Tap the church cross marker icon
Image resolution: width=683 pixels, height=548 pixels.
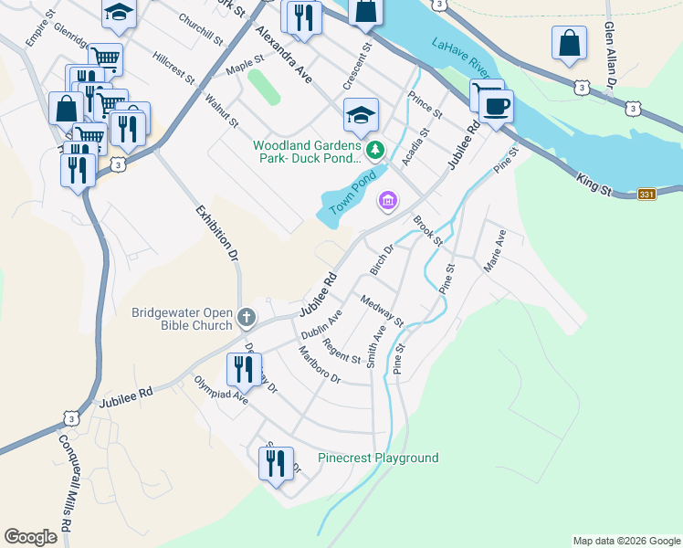coord(246,319)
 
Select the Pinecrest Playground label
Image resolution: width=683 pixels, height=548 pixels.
coord(378,458)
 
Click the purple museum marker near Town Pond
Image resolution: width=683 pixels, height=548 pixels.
coord(388,200)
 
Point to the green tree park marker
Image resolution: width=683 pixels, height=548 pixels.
coord(373,149)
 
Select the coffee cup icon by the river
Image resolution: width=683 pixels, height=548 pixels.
coord(496,105)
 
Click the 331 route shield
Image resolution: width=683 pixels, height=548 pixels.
coord(646,194)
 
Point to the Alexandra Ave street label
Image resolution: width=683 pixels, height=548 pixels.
coord(284,55)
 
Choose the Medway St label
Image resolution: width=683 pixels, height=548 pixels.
coord(382,311)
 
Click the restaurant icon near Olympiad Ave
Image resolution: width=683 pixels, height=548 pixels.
coord(244,369)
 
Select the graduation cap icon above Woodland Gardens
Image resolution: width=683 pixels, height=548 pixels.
coord(361,114)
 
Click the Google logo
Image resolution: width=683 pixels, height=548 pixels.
coord(31,537)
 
